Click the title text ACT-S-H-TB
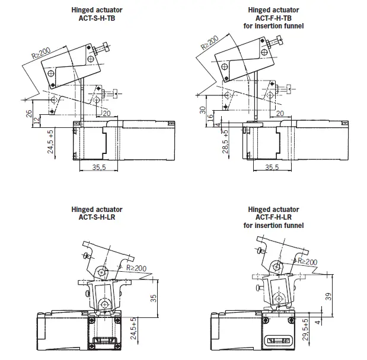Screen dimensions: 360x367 (97, 18)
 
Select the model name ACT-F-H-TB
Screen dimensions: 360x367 (274, 18)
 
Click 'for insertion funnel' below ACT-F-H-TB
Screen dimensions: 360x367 (274, 25)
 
